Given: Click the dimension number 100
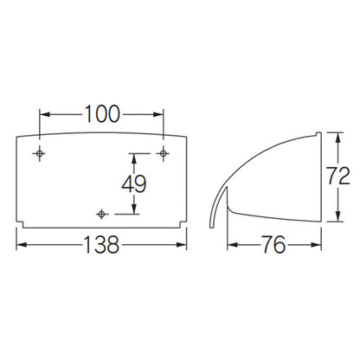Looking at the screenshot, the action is point(102,114).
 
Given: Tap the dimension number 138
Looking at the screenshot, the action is point(101,245).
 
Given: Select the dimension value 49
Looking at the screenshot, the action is point(134,183).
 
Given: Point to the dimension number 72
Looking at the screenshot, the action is point(338,176).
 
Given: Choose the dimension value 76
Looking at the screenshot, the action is point(273,245).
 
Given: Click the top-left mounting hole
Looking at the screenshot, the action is point(39,153).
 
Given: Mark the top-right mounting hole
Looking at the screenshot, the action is point(164,153).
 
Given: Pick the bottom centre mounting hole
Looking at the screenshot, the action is point(101,214).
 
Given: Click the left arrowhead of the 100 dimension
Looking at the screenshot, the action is point(45,114).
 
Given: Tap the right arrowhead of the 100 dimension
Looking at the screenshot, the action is point(157,114).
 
